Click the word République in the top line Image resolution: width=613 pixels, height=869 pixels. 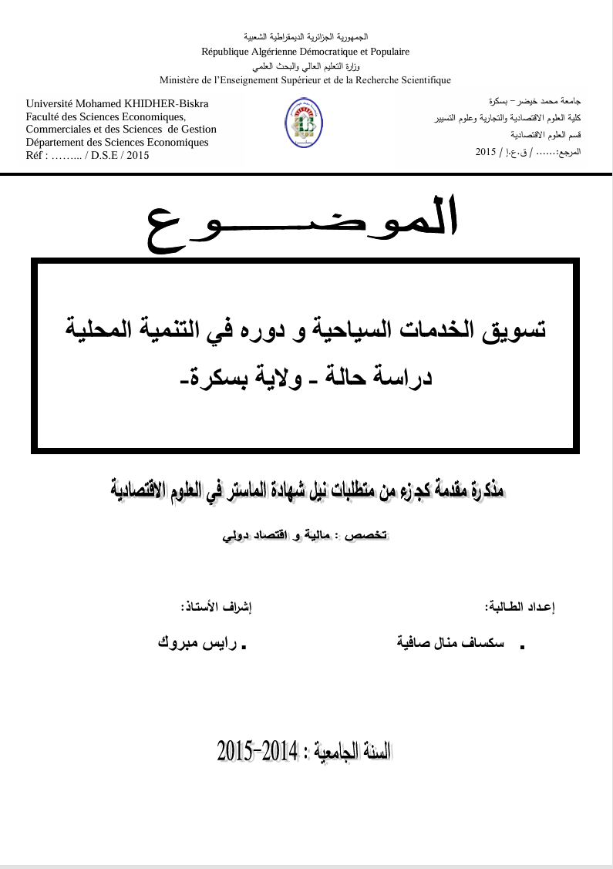point(228,52)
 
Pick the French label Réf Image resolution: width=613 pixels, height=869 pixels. point(36,155)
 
